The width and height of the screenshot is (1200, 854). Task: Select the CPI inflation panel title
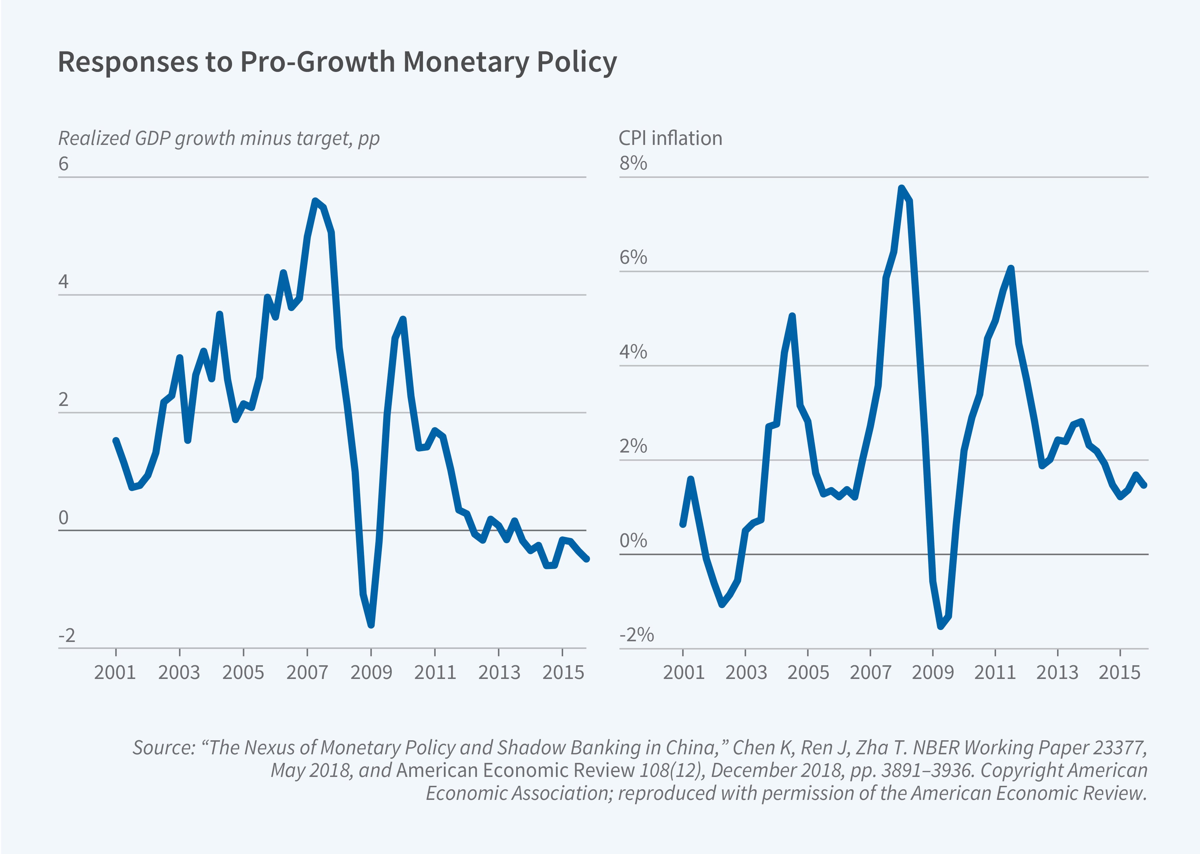(670, 138)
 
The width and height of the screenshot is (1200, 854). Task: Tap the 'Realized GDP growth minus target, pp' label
(218, 138)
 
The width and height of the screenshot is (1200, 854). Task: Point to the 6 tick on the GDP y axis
(64, 164)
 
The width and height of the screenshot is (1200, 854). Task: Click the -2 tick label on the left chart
(67, 636)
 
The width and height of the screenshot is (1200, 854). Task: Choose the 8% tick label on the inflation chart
(633, 163)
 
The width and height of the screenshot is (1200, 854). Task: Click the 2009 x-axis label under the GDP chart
(371, 672)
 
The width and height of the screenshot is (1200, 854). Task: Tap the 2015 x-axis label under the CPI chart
(1119, 672)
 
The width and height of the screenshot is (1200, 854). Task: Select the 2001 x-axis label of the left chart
(115, 672)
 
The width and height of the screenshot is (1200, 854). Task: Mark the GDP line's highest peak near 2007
(315, 201)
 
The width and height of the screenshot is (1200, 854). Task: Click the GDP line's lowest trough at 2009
(372, 625)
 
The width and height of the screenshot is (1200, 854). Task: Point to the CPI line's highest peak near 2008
(901, 188)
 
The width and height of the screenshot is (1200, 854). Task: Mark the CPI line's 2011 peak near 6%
(1010, 269)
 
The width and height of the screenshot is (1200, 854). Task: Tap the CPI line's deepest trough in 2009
(941, 626)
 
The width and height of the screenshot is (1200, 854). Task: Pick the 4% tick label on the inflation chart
(633, 352)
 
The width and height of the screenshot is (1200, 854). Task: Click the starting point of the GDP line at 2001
(116, 441)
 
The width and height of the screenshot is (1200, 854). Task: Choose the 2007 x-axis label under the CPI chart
(870, 672)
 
